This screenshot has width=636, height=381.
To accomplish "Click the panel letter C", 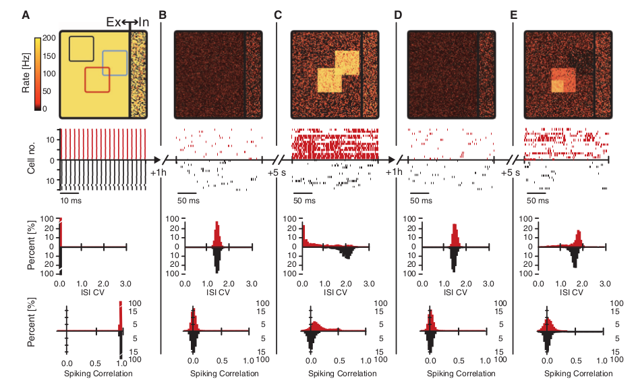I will click(279, 14).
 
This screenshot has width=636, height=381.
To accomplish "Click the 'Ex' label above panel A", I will click(114, 22).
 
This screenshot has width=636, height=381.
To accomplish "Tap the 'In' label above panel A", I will click(144, 22).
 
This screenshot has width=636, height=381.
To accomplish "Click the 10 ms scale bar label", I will click(70, 201).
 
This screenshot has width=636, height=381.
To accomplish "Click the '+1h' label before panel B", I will click(159, 173).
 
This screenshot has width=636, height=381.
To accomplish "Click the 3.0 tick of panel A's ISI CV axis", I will click(126, 284).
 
